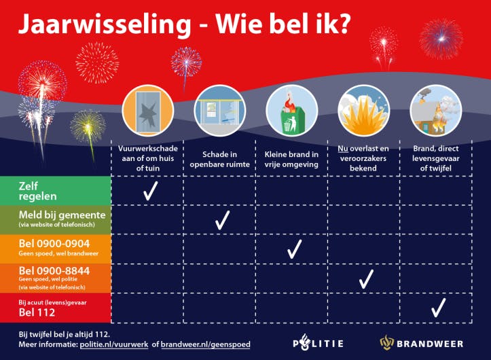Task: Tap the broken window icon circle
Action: click(145, 110)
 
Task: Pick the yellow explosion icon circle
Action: click(363, 111)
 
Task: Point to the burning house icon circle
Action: click(435, 110)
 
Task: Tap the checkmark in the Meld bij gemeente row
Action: click(222, 220)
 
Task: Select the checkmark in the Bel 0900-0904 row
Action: click(294, 249)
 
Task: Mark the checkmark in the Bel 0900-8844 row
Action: click(366, 278)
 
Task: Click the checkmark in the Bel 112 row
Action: click(438, 308)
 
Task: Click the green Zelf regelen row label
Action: click(55, 190)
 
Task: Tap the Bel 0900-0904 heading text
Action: click(54, 243)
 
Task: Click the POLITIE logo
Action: click(318, 343)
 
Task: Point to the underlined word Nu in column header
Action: click(343, 148)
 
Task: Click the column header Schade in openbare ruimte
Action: click(218, 159)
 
